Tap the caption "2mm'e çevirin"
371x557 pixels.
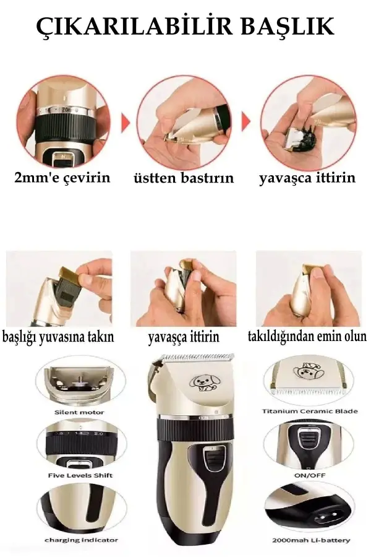pyautogui.click(x=62, y=178)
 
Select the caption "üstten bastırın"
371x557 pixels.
pyautogui.click(x=184, y=178)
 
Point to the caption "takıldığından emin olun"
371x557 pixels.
pyautogui.click(x=307, y=337)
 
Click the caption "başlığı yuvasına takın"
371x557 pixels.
pyautogui.click(x=58, y=338)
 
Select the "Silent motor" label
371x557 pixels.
pyautogui.click(x=79, y=412)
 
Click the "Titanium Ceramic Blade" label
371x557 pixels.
pyautogui.click(x=310, y=411)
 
